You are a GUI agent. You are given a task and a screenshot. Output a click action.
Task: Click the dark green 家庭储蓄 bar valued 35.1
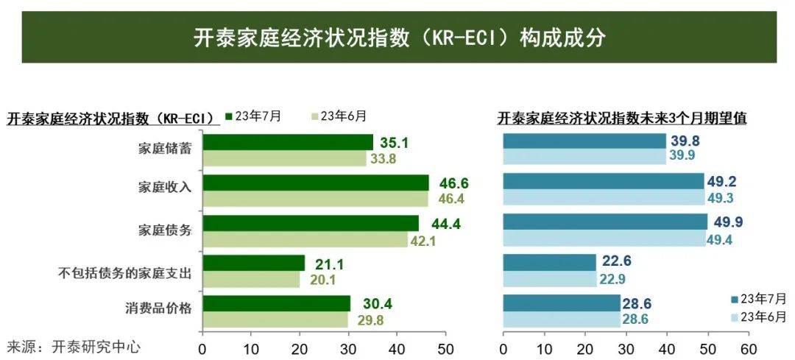tap(287, 142)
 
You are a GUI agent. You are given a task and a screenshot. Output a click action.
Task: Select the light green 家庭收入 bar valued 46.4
tap(314, 199)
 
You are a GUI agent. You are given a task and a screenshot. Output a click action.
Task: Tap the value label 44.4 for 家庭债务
tap(445, 224)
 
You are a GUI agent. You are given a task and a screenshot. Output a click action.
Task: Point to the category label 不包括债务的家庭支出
tap(125, 273)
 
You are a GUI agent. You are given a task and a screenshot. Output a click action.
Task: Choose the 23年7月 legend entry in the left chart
tap(253, 116)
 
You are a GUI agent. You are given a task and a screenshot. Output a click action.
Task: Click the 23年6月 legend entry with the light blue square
tap(758, 317)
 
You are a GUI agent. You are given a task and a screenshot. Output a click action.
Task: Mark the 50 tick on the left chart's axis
tap(445, 347)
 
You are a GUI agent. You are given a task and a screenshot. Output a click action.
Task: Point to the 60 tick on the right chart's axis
tap(748, 347)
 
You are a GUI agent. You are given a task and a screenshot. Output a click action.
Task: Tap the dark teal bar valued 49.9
tap(605, 222)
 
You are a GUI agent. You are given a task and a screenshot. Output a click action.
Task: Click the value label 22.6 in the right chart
tap(617, 261)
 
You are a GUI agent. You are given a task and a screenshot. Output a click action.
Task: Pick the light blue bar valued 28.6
tap(561, 320)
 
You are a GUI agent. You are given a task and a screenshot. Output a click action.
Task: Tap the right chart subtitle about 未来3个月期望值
tap(622, 118)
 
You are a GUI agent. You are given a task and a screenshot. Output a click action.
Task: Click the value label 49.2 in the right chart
tap(722, 182)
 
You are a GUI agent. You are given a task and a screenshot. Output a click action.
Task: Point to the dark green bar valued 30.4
tap(276, 303)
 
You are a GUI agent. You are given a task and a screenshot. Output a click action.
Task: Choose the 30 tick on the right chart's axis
tap(626, 347)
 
